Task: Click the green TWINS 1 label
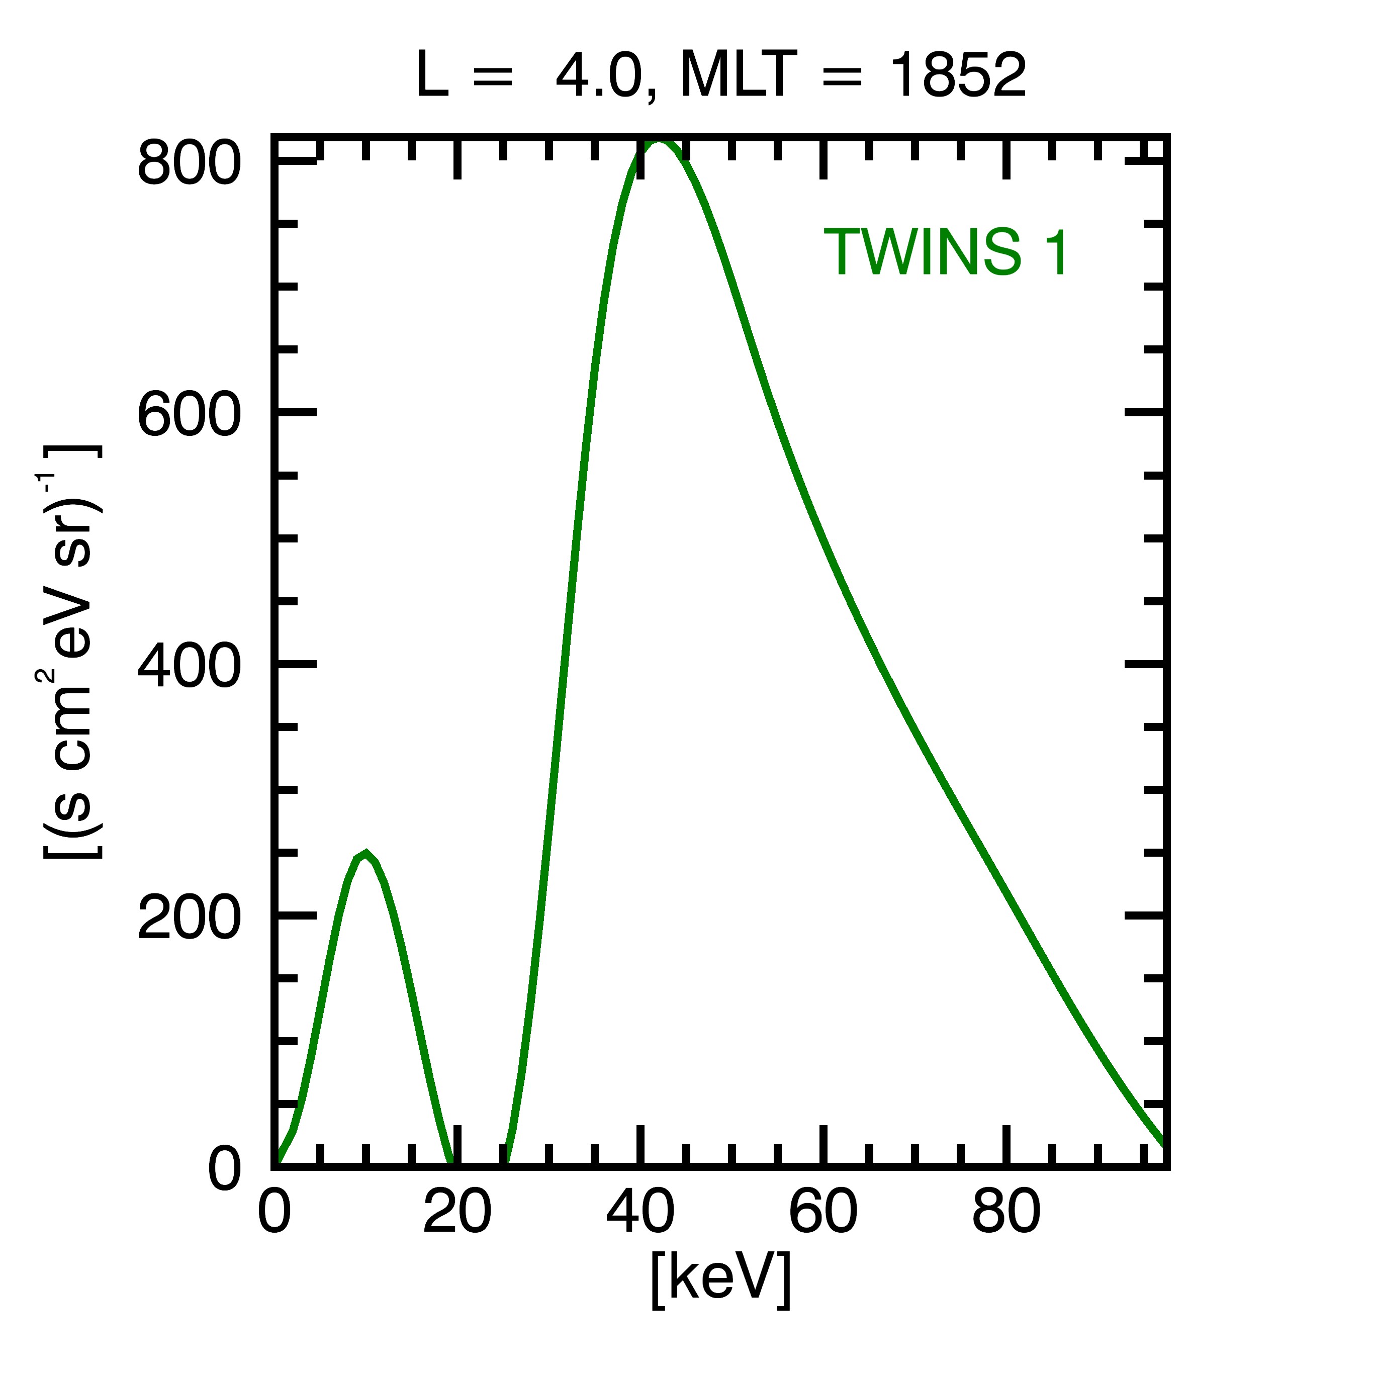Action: [x=945, y=252]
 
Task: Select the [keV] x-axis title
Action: [x=720, y=1279]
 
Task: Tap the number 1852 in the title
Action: [x=958, y=76]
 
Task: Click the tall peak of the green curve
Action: [x=659, y=142]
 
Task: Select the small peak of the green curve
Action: [x=365, y=854]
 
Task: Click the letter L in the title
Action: [x=431, y=76]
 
